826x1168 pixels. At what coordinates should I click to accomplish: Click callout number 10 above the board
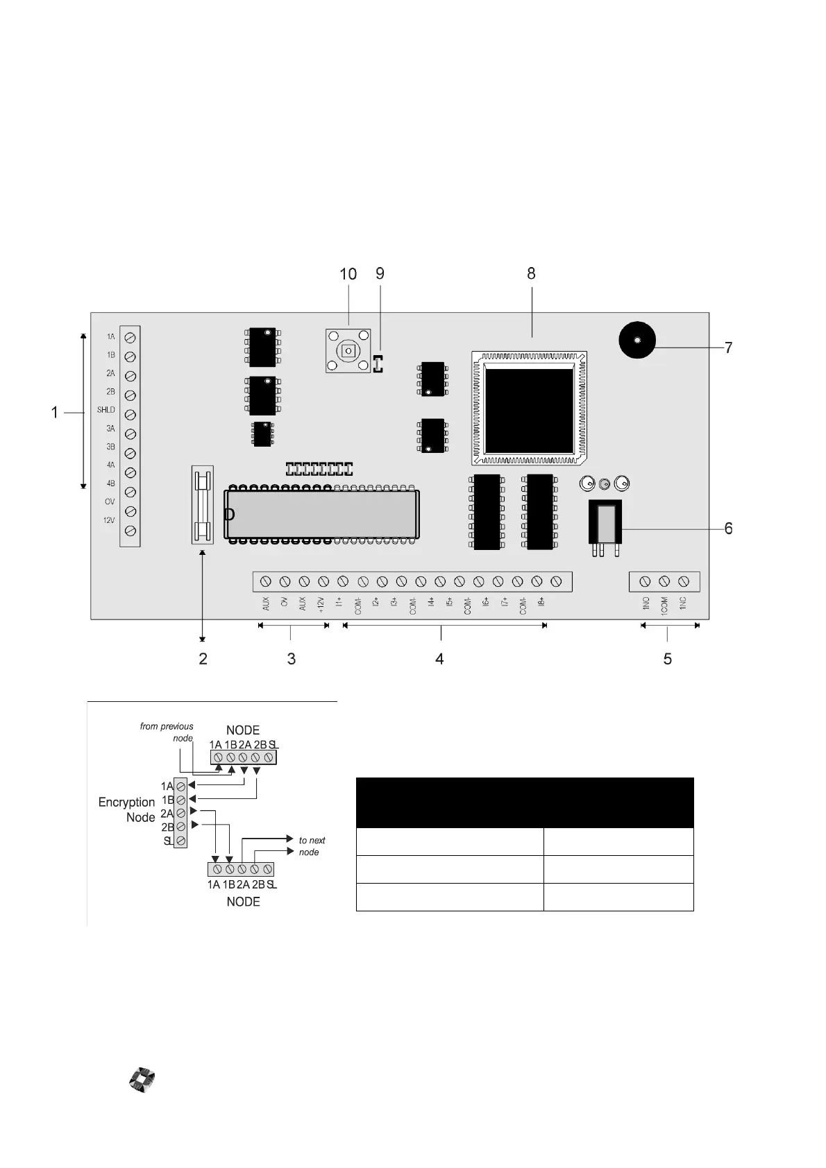click(x=348, y=274)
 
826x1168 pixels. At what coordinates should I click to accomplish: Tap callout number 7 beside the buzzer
click(x=728, y=347)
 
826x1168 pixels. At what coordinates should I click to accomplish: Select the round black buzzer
click(x=637, y=340)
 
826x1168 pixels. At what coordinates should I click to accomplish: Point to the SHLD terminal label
click(x=106, y=410)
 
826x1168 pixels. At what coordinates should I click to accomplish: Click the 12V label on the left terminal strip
click(x=109, y=520)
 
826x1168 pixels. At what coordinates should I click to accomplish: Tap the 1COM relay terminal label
click(x=664, y=605)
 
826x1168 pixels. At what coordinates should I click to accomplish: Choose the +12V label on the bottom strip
click(x=321, y=604)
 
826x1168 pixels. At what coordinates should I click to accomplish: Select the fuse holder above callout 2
click(x=202, y=504)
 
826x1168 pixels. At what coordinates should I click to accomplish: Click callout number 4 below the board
click(x=439, y=658)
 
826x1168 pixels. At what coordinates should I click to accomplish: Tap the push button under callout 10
click(x=348, y=351)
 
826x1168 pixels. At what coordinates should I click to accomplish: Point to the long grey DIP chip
click(x=321, y=514)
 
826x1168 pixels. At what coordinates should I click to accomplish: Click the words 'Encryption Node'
click(x=128, y=809)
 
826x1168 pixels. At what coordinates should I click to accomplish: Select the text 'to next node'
click(x=311, y=846)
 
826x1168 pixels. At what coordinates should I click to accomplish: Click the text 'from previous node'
click(x=167, y=732)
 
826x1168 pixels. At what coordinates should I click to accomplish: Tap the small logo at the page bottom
click(x=142, y=1081)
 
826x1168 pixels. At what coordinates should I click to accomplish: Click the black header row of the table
click(x=525, y=802)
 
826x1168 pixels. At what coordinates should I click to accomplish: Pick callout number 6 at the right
click(x=728, y=529)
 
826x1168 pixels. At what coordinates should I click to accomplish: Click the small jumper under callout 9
click(x=378, y=363)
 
